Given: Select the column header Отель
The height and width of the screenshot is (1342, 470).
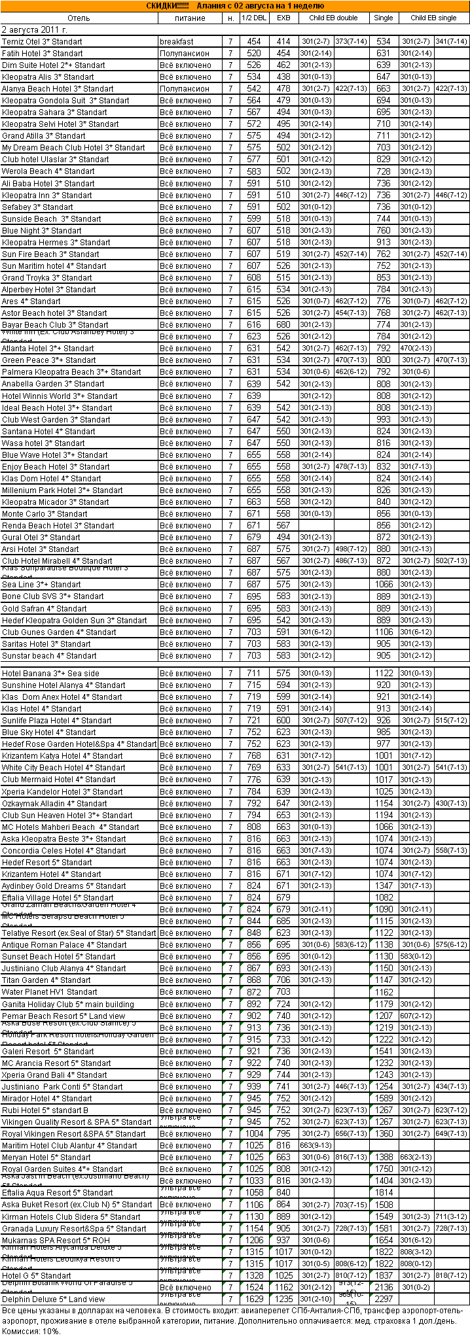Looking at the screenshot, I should [79, 18].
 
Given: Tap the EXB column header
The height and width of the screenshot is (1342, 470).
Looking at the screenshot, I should [283, 18].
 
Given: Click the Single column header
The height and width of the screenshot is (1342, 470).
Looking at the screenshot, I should [384, 18].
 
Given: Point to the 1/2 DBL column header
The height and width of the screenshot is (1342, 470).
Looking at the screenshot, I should [254, 18].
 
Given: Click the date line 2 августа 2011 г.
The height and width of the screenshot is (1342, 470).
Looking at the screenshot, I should [35, 30].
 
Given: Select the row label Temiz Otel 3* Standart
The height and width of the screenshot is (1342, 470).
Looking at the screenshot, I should [43, 42].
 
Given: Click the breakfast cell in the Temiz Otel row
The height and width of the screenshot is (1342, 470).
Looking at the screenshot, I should [177, 42].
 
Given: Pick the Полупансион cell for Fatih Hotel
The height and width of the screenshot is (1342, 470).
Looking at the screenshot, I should [185, 54].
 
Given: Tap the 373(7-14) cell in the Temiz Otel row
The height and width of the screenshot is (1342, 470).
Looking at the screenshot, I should [350, 42].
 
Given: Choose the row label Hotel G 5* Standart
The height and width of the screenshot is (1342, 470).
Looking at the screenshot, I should [37, 1275].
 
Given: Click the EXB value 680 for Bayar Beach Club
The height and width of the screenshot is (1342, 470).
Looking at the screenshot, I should [283, 325].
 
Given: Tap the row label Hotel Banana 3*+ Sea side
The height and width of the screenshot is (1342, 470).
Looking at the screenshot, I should [51, 674].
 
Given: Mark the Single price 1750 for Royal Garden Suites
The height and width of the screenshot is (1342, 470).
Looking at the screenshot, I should [384, 1169].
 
